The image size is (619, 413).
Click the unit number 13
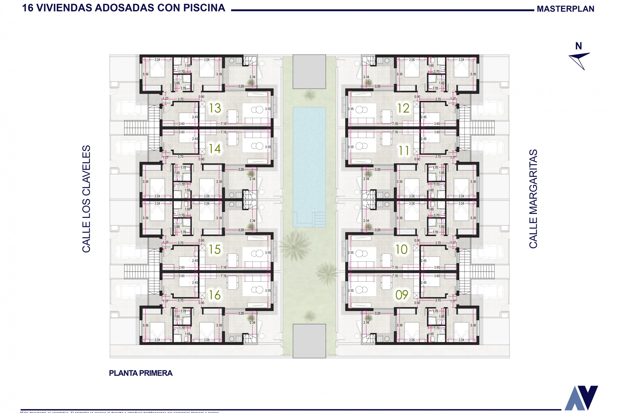[215, 108]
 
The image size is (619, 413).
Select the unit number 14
[215, 149]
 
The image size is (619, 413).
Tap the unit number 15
[215, 249]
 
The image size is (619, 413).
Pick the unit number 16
[215, 295]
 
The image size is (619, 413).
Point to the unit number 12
[403, 108]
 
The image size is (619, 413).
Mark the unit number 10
[402, 249]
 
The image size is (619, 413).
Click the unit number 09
[402, 295]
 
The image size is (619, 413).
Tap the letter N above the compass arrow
[579, 46]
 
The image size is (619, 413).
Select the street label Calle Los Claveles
[86, 199]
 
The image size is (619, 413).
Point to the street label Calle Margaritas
[533, 199]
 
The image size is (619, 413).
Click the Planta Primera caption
[141, 373]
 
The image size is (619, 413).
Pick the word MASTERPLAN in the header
[565, 9]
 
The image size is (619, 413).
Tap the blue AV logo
[581, 398]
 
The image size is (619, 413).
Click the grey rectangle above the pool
[309, 71]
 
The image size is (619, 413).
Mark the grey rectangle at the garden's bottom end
[309, 341]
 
